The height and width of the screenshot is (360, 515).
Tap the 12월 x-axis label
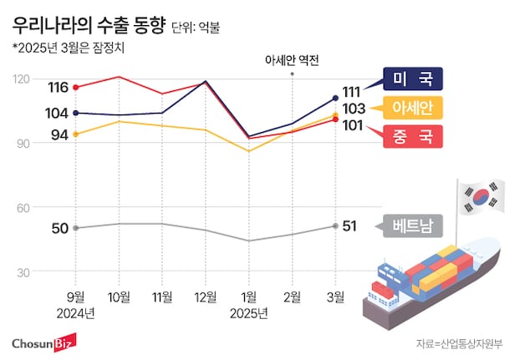tap(206, 296)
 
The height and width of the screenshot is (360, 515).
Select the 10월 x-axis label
tap(119, 296)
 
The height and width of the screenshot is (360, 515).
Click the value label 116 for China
tap(58, 87)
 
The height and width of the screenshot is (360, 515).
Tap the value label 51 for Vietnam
tap(351, 226)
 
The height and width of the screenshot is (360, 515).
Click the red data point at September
tap(76, 87)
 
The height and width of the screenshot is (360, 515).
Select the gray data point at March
tap(335, 226)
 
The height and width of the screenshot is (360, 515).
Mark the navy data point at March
tap(335, 98)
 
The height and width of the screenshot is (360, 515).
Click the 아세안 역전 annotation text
tap(292, 60)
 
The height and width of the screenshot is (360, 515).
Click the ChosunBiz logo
tap(43, 343)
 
